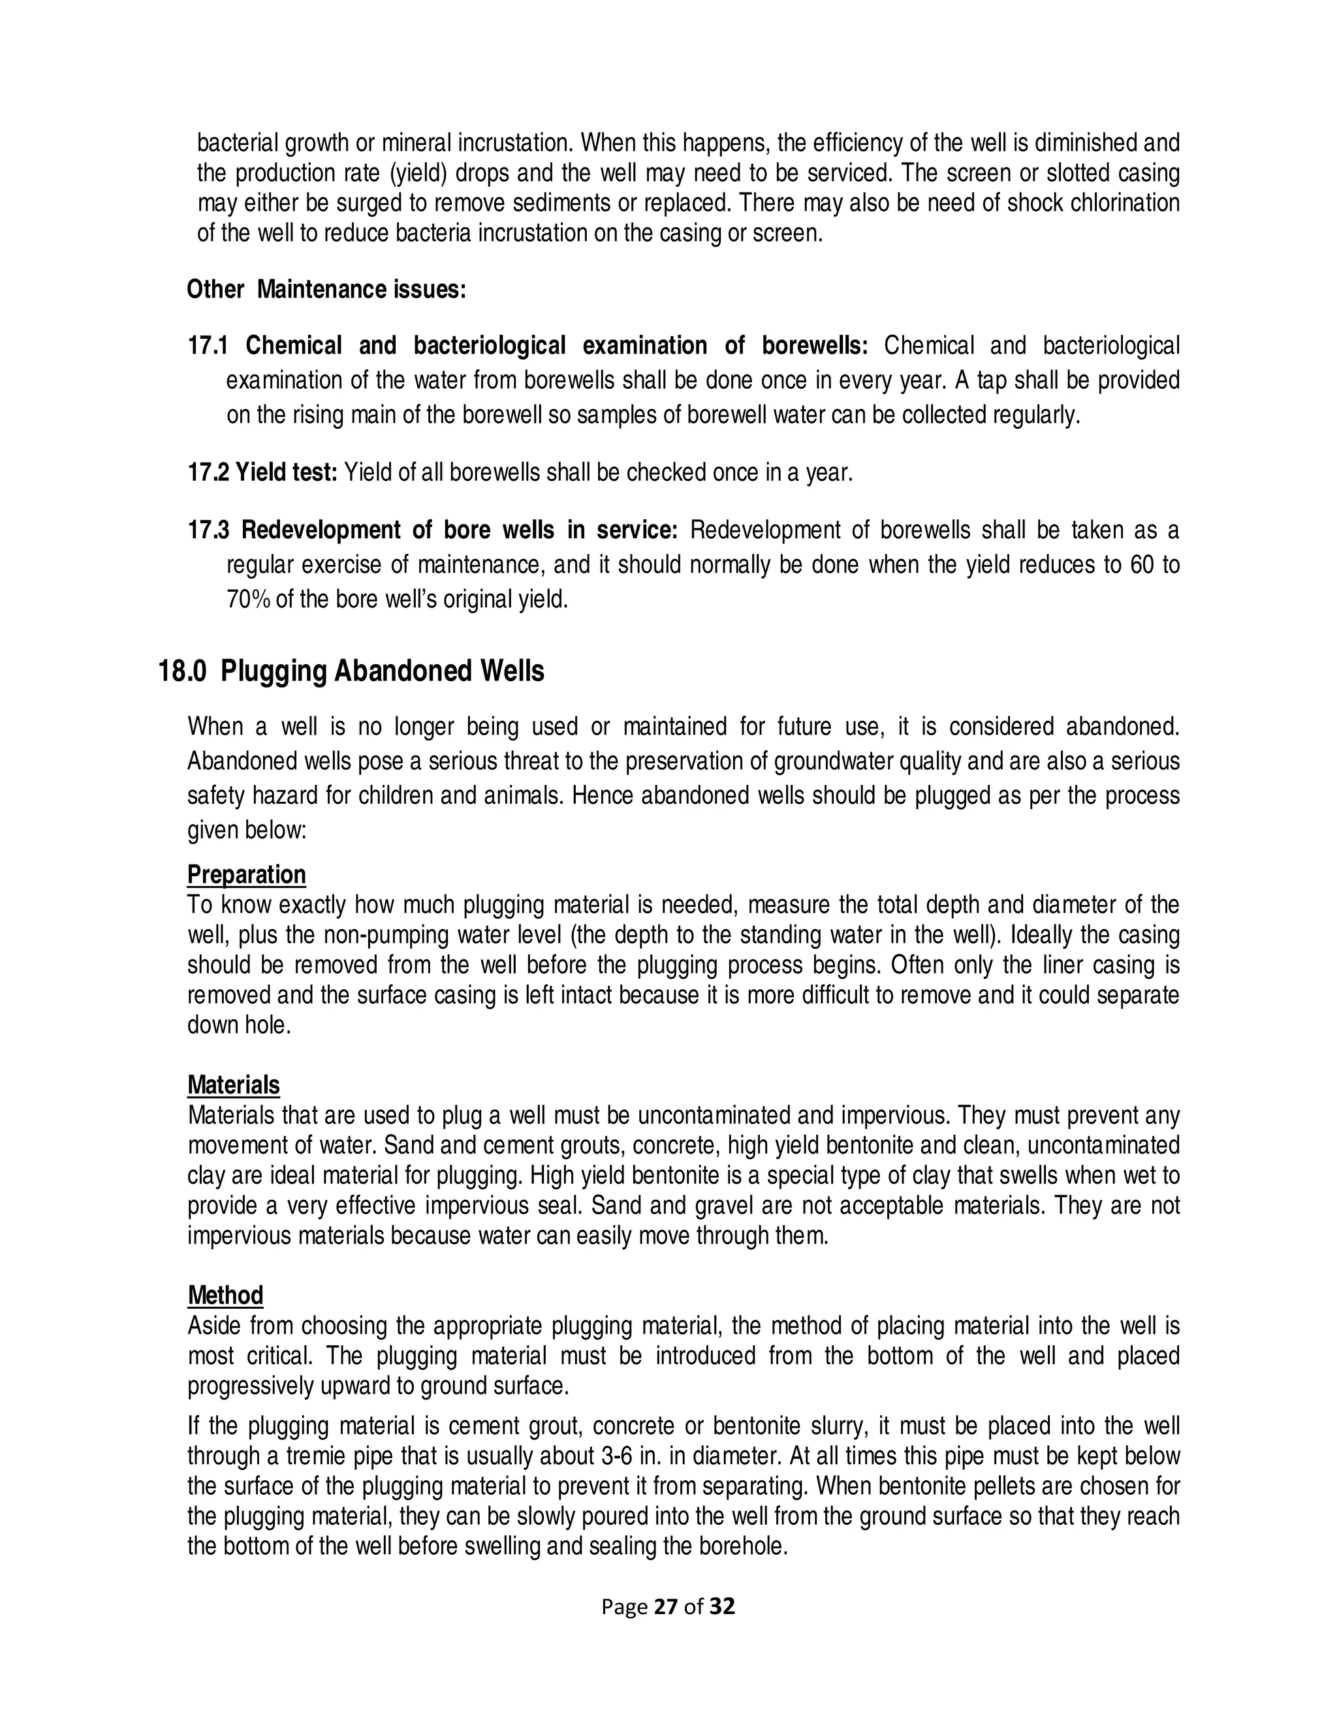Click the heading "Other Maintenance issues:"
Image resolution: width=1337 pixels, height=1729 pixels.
point(326,290)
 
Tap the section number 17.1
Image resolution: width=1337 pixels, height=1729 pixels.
point(208,346)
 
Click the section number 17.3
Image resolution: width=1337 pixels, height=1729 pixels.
point(208,530)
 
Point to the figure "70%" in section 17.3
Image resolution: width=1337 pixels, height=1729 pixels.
point(249,600)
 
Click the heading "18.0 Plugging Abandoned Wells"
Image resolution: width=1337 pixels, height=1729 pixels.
point(351,671)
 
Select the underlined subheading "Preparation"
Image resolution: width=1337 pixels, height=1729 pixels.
point(246,875)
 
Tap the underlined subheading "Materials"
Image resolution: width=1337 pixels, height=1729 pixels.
point(234,1084)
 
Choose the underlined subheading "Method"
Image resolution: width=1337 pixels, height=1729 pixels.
point(225,1295)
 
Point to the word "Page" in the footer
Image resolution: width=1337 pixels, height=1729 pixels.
point(624,1607)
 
